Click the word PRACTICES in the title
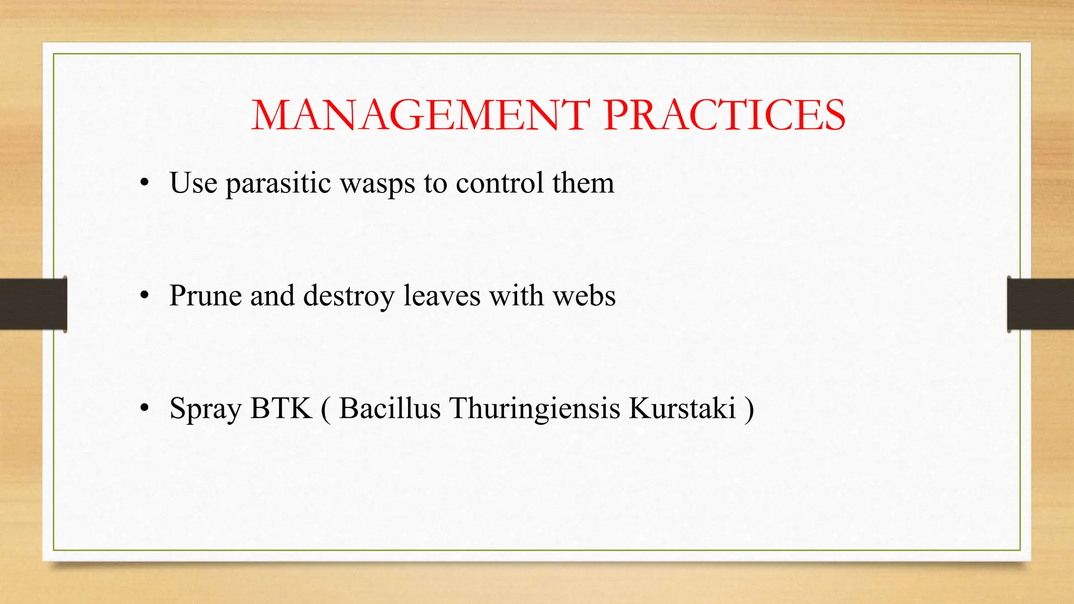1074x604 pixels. pos(724,115)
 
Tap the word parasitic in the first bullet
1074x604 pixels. pos(278,184)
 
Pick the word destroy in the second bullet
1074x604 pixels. pos(349,296)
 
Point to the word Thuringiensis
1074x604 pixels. pos(534,409)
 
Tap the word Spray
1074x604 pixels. pos(205,409)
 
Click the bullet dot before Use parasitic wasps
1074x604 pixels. pos(145,184)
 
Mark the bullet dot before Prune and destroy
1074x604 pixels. pos(145,296)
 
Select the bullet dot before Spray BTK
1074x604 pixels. pos(145,408)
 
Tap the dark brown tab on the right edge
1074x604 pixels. pos(1040,304)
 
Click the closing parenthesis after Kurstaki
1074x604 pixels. pos(749,409)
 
